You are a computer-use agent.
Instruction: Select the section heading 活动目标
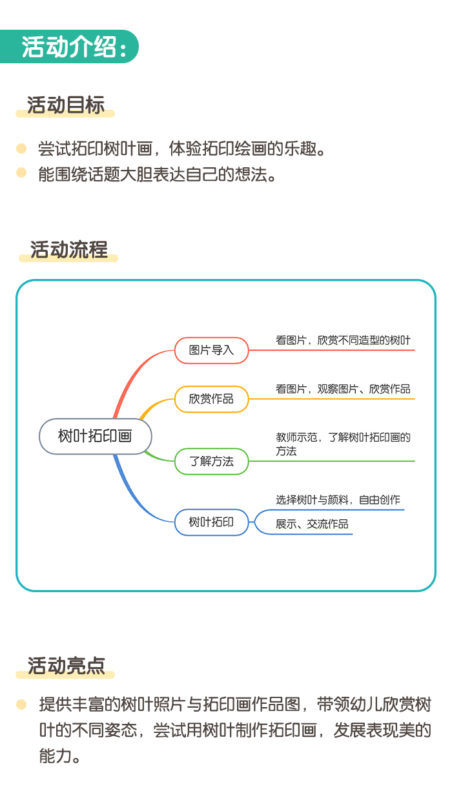[x=66, y=105]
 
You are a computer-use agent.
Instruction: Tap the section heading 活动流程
[x=68, y=249]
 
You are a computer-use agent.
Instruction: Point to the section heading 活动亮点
[x=67, y=666]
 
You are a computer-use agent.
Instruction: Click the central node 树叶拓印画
[x=95, y=436]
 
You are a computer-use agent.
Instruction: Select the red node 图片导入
[x=211, y=351]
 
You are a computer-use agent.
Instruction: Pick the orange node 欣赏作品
[x=211, y=399]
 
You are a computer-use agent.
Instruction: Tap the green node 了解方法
[x=211, y=461]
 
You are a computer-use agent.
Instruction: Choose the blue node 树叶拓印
[x=211, y=522]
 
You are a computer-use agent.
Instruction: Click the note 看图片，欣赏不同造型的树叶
[x=343, y=340]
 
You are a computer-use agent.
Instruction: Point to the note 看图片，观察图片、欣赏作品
[x=343, y=389]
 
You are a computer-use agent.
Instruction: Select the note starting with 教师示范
[x=343, y=444]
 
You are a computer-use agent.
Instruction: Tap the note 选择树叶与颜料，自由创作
[x=338, y=500]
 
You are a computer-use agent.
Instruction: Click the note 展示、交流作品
[x=312, y=524]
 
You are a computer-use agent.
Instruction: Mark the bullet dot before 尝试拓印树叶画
[x=21, y=149]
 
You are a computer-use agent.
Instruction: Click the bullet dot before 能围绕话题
[x=21, y=172]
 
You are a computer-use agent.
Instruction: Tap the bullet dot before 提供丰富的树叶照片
[x=21, y=705]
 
